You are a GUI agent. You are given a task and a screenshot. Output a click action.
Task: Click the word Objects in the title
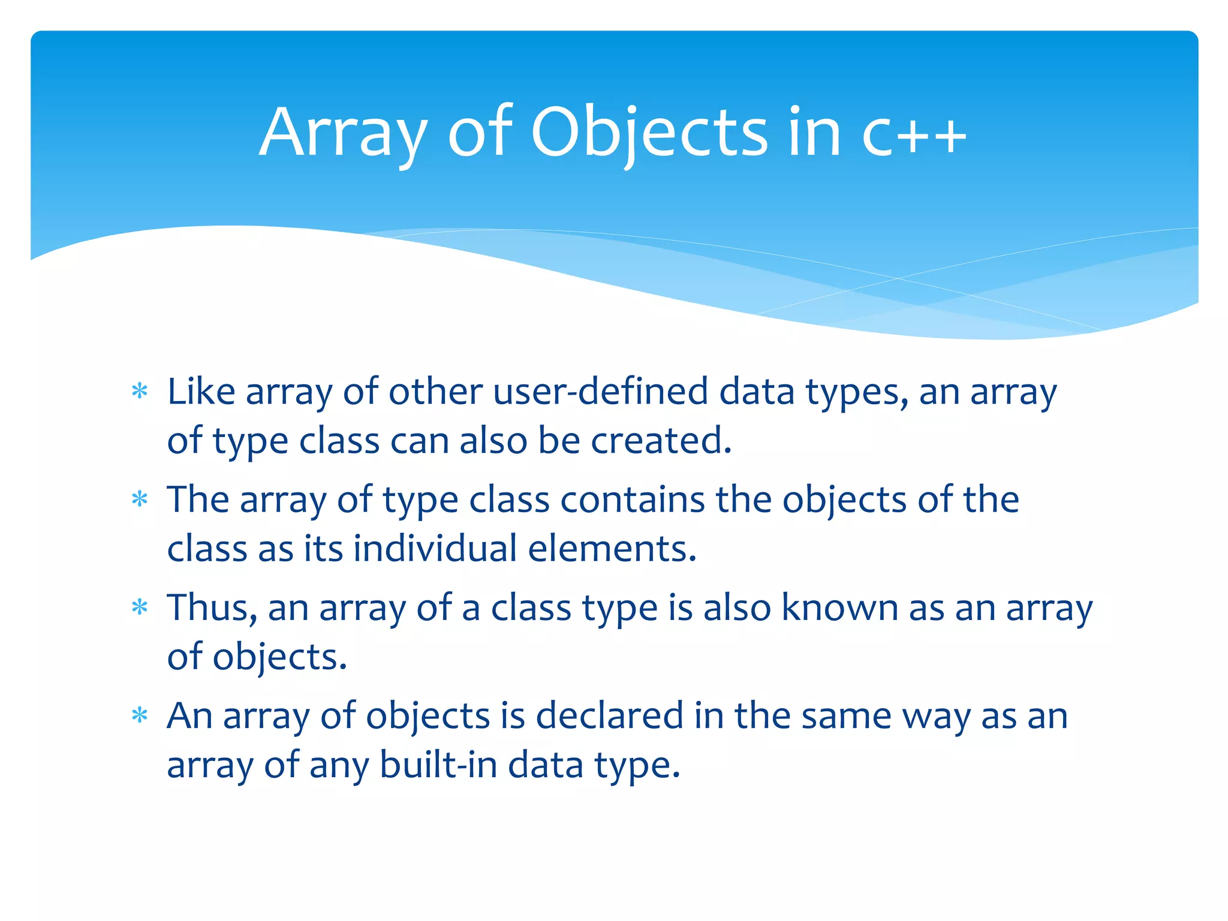tap(648, 133)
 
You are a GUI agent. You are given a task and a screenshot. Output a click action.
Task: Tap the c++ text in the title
tap(914, 135)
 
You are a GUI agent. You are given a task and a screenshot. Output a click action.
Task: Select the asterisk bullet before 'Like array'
tap(140, 392)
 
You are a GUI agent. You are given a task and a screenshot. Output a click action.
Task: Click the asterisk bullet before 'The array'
tap(140, 499)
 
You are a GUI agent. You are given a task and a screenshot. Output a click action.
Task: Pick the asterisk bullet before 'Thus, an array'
tap(140, 607)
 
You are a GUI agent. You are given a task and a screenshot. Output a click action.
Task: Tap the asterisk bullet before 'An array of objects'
tap(140, 715)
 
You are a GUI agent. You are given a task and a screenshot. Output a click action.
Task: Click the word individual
tap(435, 549)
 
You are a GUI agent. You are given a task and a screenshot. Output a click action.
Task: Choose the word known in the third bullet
tap(839, 607)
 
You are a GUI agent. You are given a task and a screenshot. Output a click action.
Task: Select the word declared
tap(609, 715)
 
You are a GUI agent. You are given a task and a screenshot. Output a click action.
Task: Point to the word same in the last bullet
tap(846, 715)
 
